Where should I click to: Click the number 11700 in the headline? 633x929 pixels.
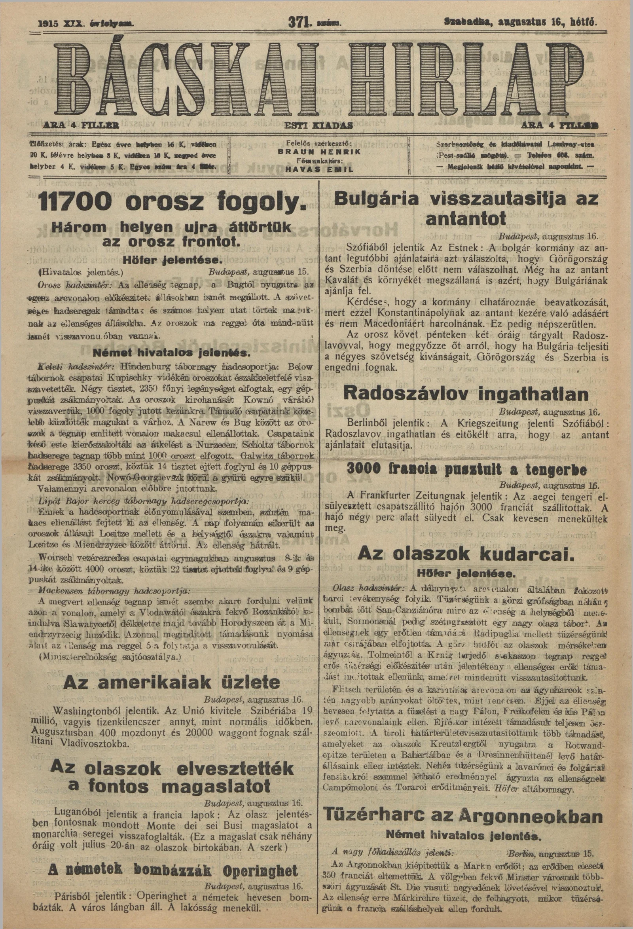(77, 203)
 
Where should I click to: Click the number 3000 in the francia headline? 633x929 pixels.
(366, 468)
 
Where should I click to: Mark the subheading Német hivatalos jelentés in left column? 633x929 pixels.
(171, 353)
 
